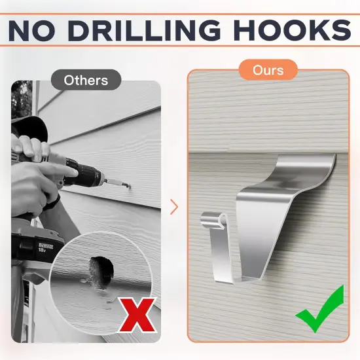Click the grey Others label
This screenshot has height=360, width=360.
(x=86, y=80)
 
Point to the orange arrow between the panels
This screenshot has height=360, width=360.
(x=174, y=207)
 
